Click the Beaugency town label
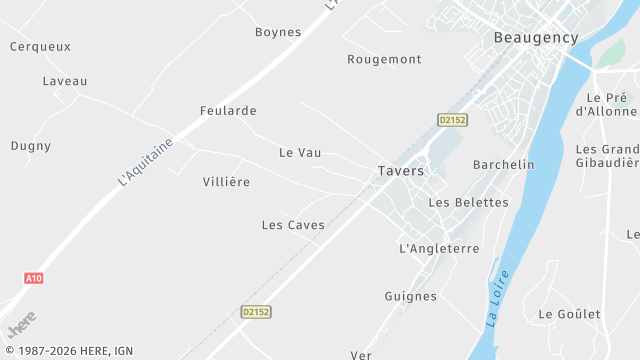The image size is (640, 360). (x=536, y=37)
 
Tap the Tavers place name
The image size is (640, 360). (x=401, y=171)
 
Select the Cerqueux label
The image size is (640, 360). (x=39, y=46)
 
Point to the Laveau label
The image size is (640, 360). (x=65, y=81)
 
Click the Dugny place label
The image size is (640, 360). (x=31, y=146)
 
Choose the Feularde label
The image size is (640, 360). (x=228, y=111)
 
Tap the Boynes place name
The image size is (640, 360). (x=278, y=32)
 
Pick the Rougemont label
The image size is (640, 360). (x=384, y=59)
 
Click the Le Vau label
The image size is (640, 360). (x=300, y=153)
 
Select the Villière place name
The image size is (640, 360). (x=226, y=182)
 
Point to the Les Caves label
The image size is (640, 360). (x=293, y=225)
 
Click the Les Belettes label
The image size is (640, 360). (x=468, y=202)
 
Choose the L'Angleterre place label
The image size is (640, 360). (x=439, y=248)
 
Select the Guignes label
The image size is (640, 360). (x=410, y=296)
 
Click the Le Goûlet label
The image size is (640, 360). (x=569, y=314)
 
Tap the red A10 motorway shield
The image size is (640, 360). (x=33, y=278)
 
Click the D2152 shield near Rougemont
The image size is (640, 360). (x=452, y=119)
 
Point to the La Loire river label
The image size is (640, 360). (x=498, y=297)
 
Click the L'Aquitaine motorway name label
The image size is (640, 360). (x=146, y=162)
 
